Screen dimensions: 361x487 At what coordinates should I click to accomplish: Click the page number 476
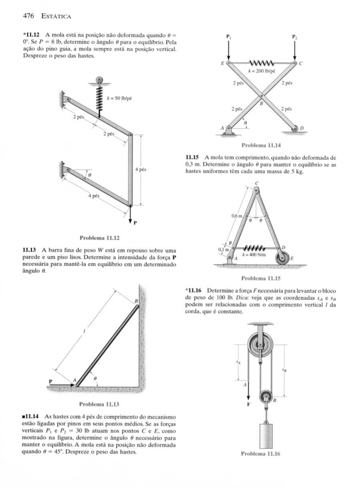pyautogui.click(x=28, y=16)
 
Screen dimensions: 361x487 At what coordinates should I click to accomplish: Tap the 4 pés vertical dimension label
pyautogui.click(x=140, y=169)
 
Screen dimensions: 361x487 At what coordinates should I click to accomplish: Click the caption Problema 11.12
pyautogui.click(x=100, y=238)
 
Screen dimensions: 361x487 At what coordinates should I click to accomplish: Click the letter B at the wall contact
pyautogui.click(x=136, y=301)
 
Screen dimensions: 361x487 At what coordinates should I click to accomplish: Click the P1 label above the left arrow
pyautogui.click(x=229, y=36)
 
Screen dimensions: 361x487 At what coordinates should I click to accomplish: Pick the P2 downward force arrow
pyautogui.click(x=295, y=50)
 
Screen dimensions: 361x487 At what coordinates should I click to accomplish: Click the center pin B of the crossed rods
pyautogui.click(x=261, y=96)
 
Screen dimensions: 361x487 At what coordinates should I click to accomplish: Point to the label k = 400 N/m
pyautogui.click(x=254, y=255)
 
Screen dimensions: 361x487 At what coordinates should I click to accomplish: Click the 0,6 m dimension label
pyautogui.click(x=237, y=216)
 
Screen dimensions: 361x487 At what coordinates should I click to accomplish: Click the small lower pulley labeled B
pyautogui.click(x=266, y=396)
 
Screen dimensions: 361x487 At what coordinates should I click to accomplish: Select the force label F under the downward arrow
pyautogui.click(x=249, y=404)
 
